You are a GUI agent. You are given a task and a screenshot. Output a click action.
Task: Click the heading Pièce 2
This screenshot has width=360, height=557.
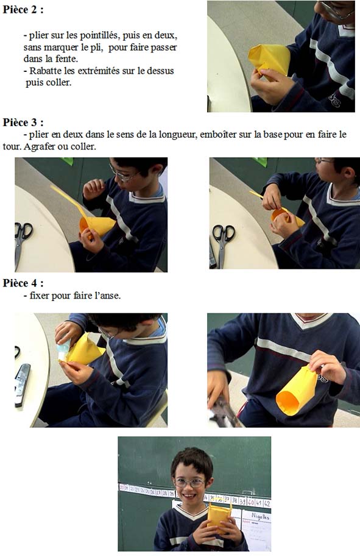[23, 10]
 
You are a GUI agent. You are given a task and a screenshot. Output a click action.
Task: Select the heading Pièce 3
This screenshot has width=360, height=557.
[23, 122]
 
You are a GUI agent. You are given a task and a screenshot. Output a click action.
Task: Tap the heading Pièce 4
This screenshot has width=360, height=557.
[23, 283]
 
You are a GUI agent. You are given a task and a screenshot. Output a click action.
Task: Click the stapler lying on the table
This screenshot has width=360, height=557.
[21, 385]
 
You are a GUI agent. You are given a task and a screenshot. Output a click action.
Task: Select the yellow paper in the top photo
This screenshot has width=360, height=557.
[269, 60]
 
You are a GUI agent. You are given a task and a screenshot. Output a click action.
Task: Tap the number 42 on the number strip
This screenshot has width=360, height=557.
[267, 503]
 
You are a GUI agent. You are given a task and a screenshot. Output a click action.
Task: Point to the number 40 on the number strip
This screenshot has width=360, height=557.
[251, 502]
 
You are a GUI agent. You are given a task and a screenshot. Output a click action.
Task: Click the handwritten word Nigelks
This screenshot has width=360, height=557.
[261, 516]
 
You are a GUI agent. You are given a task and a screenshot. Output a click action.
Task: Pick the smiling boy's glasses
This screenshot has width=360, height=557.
[189, 483]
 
